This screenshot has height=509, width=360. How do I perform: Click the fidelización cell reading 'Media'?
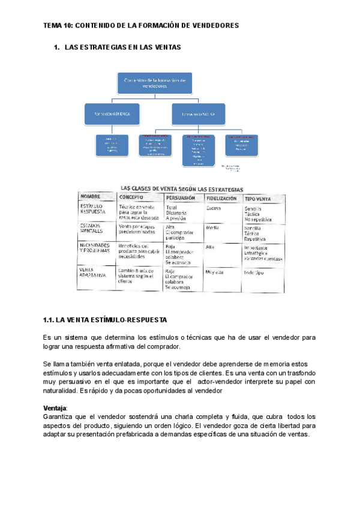click(212, 228)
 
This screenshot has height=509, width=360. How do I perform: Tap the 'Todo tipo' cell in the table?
click(255, 272)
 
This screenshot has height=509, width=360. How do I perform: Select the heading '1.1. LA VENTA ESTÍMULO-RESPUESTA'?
click(105, 319)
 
